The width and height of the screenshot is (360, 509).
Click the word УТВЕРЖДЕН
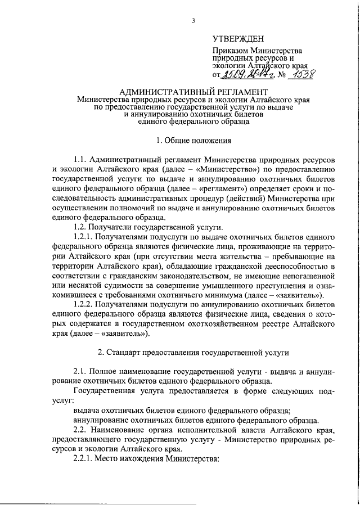point(236,38)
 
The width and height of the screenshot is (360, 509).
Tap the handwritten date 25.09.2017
point(240,75)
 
